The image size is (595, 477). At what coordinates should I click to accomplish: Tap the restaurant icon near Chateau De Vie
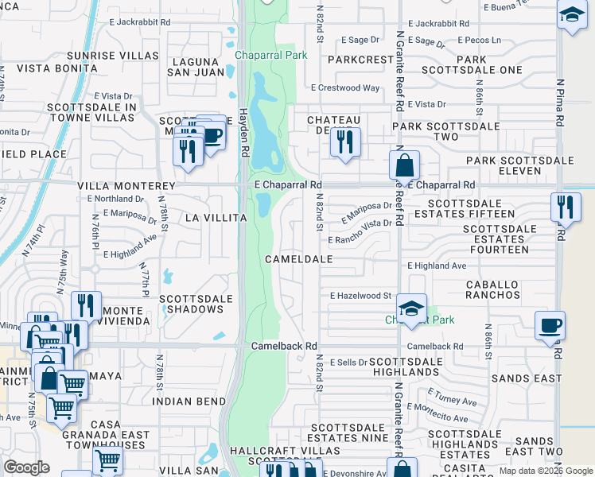[x=344, y=142]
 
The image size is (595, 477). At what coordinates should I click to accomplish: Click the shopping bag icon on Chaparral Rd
[x=404, y=165]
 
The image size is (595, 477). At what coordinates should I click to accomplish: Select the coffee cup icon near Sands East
[x=550, y=325]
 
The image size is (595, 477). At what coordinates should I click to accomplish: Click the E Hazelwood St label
[x=361, y=296]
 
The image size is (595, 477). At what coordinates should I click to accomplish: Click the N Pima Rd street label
[x=561, y=103]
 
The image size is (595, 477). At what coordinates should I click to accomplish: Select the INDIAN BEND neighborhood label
[x=189, y=401]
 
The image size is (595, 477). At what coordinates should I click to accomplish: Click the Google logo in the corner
[x=26, y=467]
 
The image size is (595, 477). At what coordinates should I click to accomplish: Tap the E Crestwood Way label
[x=345, y=88]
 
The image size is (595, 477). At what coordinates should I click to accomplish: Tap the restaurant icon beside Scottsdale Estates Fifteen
[x=566, y=207]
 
